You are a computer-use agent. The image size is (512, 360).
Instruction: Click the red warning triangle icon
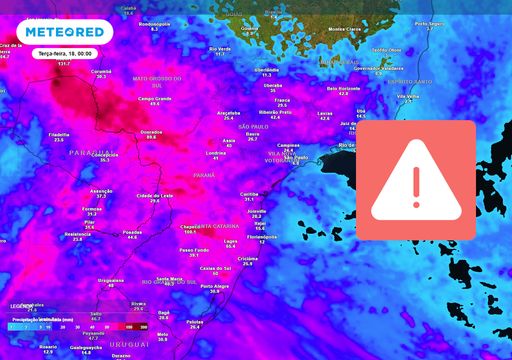point(424,172)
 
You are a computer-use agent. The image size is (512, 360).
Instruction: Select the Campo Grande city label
point(154,98)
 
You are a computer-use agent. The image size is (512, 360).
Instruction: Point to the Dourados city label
point(151,132)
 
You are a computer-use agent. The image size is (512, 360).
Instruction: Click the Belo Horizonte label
point(343,88)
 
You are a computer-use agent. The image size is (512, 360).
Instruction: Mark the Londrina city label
point(215,152)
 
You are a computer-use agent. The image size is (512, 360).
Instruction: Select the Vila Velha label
point(408,96)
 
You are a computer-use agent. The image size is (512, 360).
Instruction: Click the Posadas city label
point(132,231)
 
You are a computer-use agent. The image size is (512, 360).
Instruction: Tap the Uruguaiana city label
point(110,281)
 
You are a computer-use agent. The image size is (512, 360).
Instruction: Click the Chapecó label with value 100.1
point(189,226)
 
